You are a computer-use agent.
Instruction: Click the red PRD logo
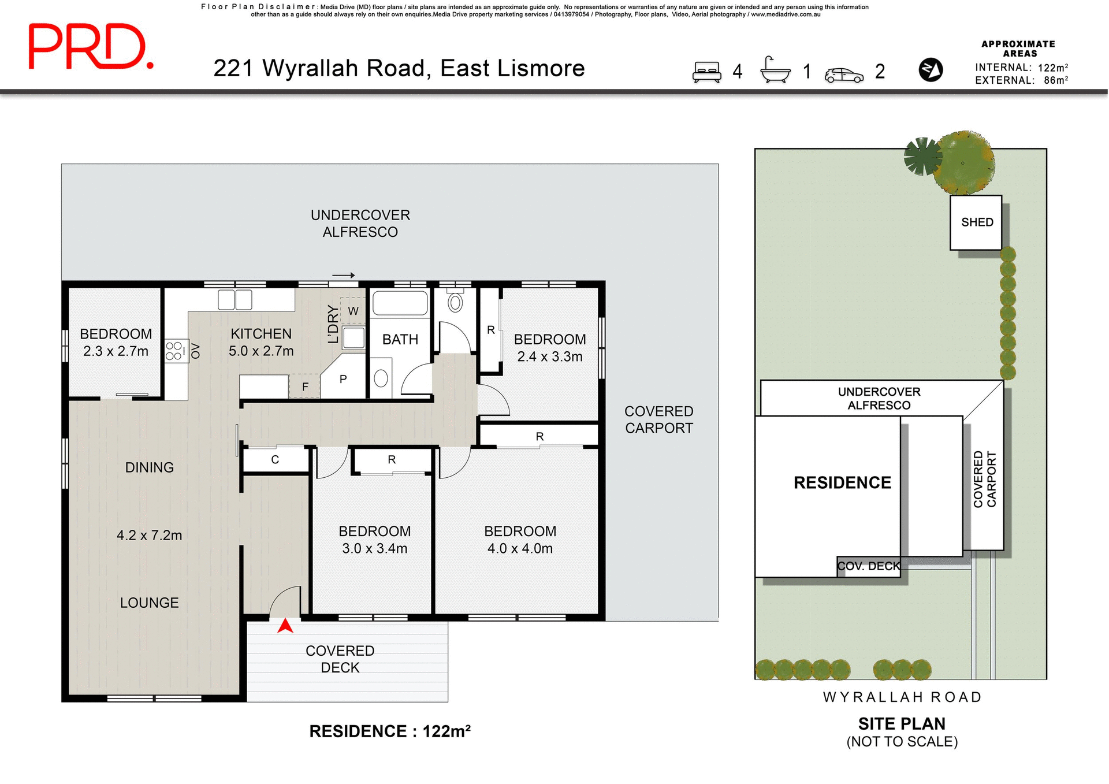point(91,47)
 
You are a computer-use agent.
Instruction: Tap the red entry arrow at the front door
point(285,626)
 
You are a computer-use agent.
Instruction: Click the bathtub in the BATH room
point(400,303)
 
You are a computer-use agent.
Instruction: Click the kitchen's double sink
point(235,300)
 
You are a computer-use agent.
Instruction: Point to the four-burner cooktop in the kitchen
point(174,351)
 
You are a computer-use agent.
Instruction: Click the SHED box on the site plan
point(976,222)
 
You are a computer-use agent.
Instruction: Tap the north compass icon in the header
point(930,70)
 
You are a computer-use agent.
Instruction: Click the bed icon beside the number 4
point(706,72)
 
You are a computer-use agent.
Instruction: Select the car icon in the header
point(843,75)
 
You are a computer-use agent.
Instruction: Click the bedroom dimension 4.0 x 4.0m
point(520,548)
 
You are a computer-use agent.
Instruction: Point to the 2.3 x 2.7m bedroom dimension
point(116,351)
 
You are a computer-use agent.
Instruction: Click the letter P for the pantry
point(343,379)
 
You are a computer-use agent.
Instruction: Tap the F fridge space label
point(305,387)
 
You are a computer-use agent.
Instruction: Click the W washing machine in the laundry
point(353,311)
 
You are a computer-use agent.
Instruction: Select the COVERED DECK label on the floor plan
point(340,659)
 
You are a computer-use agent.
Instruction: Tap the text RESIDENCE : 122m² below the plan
point(390,731)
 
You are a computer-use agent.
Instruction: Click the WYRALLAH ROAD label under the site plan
point(902,697)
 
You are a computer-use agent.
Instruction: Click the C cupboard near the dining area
point(275,460)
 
